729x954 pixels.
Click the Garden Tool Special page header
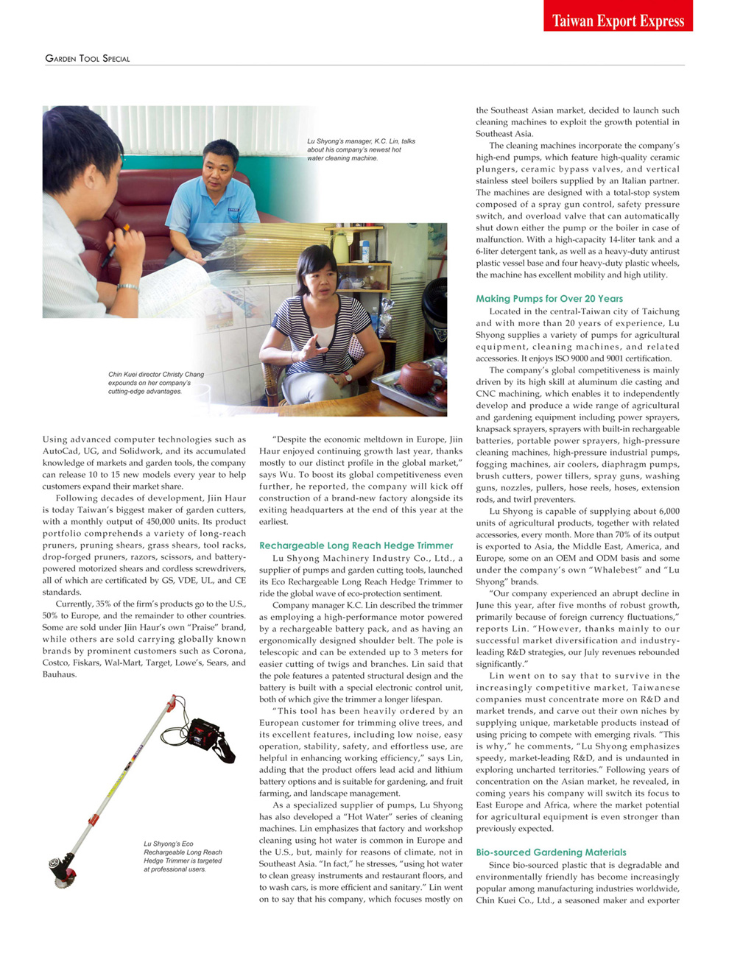point(88,58)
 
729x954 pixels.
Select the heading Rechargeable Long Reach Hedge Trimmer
point(356,545)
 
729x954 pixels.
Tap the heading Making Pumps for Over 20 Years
point(549,298)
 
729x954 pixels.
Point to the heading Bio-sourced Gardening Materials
point(551,852)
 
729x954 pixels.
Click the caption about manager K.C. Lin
point(361,149)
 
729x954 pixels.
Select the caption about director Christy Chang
point(155,383)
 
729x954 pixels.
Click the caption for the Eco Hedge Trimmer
point(182,856)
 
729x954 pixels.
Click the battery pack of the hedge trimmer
point(207,733)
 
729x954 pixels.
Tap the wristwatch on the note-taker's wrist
point(127,288)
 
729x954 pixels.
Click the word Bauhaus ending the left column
point(59,674)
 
